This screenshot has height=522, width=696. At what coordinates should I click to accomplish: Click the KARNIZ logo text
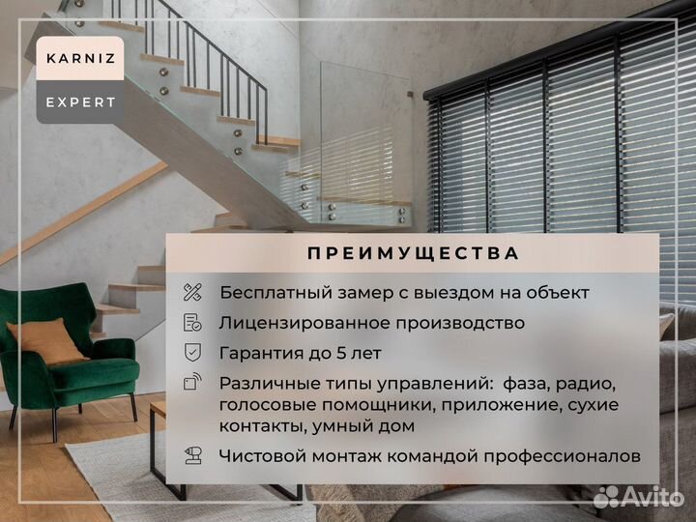(80, 58)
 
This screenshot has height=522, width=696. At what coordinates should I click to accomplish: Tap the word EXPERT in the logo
(80, 101)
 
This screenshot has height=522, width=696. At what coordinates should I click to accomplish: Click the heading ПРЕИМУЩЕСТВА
(413, 253)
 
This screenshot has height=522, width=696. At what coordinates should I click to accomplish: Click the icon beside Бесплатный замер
(192, 292)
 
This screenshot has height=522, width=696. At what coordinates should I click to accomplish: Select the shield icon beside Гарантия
(192, 352)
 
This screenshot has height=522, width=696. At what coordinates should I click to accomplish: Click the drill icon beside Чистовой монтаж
(192, 455)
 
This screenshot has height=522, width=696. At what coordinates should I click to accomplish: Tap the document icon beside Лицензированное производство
(192, 322)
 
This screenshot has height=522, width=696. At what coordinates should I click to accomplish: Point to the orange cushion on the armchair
(46, 339)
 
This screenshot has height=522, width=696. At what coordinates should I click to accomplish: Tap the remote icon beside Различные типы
(192, 382)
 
